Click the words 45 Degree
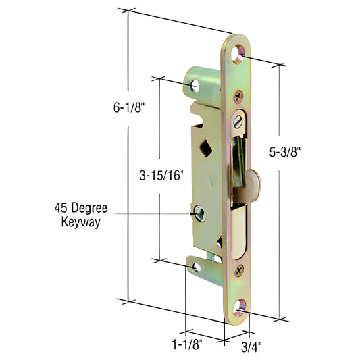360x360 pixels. [80, 208]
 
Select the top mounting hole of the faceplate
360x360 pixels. [240, 53]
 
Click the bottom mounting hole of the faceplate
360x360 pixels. [240, 308]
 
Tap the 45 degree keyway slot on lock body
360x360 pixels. [199, 214]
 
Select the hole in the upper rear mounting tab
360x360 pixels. [196, 86]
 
